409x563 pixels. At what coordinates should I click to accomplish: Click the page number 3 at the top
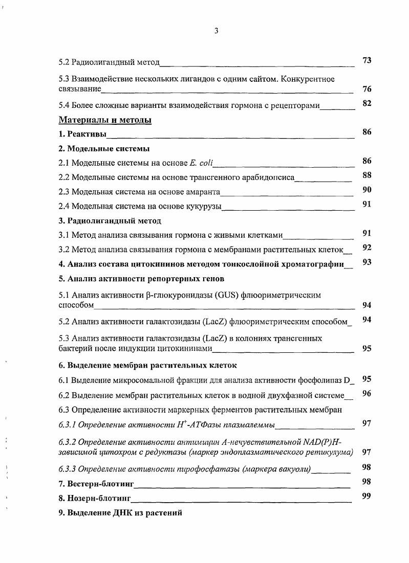click(216, 31)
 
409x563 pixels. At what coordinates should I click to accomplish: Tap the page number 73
click(367, 60)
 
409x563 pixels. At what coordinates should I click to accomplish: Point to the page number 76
click(367, 88)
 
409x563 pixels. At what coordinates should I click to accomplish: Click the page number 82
click(367, 103)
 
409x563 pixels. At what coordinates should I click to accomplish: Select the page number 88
click(367, 175)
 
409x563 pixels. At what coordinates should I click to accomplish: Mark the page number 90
click(367, 190)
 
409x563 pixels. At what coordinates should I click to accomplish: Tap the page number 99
click(367, 496)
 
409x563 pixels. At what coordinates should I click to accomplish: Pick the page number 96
click(367, 393)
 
